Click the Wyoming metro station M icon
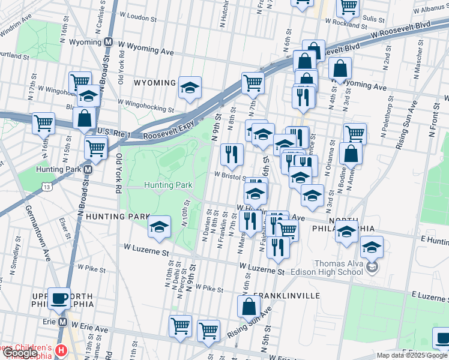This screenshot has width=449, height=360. point(109,43)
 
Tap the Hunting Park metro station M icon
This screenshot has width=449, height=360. point(88,170)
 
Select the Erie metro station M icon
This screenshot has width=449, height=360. point(62,322)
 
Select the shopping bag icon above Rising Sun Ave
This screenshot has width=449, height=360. point(249,307)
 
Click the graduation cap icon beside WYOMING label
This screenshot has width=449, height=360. point(190,88)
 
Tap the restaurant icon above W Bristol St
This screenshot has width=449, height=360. point(231,155)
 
